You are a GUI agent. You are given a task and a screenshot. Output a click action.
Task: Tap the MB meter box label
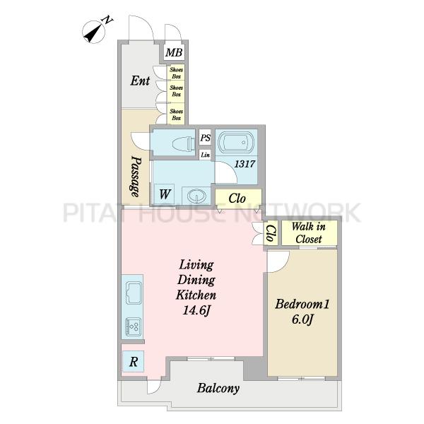pos(174,52)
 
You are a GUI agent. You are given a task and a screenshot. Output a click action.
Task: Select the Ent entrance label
pos(140,81)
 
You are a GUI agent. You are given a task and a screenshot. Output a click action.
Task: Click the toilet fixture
pos(183,143)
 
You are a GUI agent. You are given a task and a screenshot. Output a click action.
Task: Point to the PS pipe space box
pos(205,138)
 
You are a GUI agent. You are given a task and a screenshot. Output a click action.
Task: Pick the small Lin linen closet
pos(205,155)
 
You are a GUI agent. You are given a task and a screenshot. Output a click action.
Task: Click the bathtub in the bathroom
pos(235,142)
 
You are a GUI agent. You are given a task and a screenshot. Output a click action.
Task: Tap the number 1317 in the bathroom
pos(245,164)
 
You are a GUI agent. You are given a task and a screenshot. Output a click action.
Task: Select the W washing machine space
pos(165,194)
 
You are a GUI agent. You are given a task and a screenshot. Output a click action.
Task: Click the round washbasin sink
pos(196,195)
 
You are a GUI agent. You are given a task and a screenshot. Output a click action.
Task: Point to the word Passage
pos(136,176)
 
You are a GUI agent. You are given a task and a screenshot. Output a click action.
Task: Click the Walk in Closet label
pos(309,232)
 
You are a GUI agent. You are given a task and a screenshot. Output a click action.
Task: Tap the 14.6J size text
pos(196,310)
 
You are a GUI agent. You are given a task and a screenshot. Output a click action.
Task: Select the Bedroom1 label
pos(302,304)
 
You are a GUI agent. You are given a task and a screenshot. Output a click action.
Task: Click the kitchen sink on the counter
pos(134,293)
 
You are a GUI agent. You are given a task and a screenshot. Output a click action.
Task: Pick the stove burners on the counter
pos(133,326)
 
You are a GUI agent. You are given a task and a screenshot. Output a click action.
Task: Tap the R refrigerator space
pos(133,362)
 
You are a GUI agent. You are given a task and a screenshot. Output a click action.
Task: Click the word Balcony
pos(218,388)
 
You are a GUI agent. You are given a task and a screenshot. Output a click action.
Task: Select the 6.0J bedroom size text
pos(302,319)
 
